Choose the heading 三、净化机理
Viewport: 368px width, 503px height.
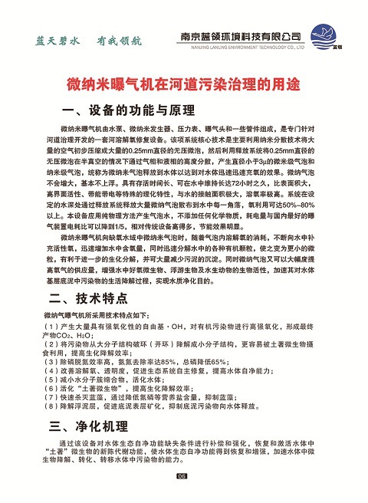(84, 426)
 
